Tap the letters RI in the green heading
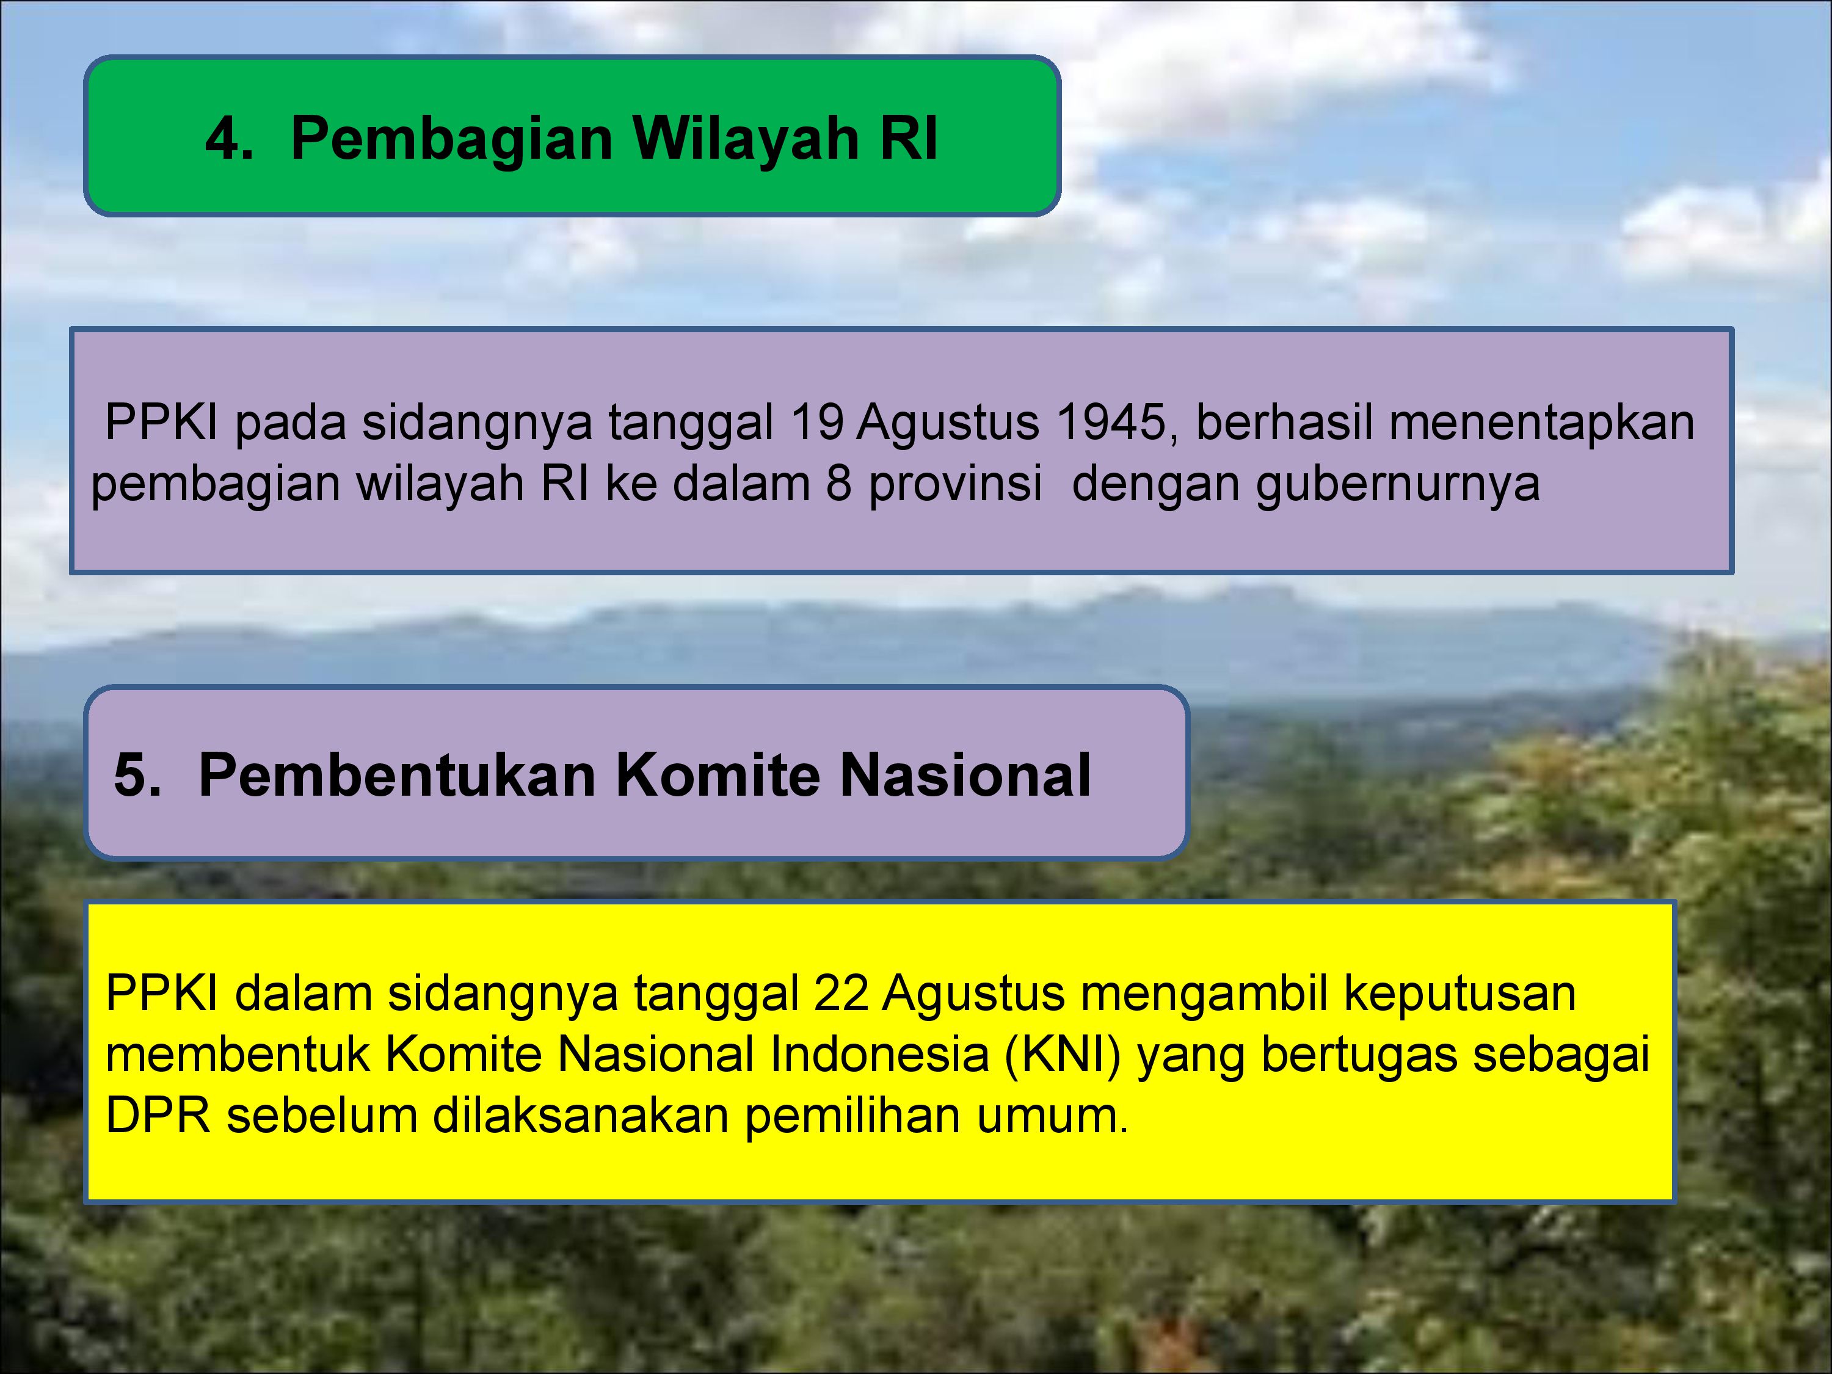[909, 137]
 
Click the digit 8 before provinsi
[838, 484]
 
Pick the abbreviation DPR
[158, 1116]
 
